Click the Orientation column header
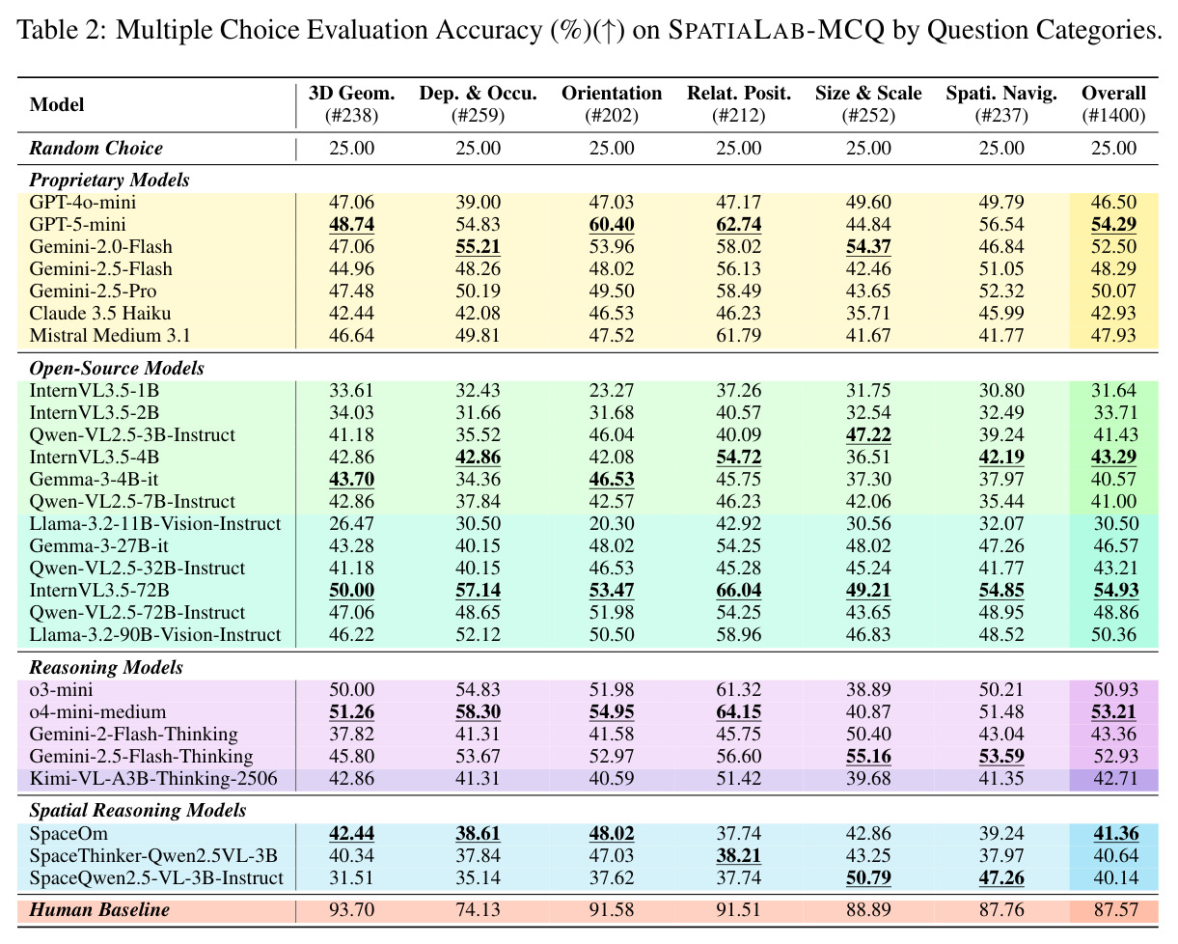(x=612, y=93)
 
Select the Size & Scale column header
(x=868, y=93)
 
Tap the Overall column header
(x=1113, y=93)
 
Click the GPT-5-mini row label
(x=77, y=225)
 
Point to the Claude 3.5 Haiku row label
(x=100, y=313)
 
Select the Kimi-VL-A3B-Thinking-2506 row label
(x=153, y=778)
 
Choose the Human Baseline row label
(x=99, y=909)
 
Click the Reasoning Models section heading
(x=106, y=668)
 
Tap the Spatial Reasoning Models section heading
(x=137, y=811)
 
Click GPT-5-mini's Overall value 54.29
(x=1113, y=225)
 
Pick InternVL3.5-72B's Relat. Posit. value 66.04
(x=738, y=591)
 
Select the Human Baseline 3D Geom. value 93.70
(x=351, y=909)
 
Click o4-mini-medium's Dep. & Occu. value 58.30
(x=478, y=711)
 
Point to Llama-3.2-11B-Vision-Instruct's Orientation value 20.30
(x=612, y=523)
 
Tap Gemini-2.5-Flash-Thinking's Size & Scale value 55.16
(x=868, y=756)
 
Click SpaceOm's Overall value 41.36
(x=1115, y=833)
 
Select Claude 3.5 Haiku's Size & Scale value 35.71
(x=868, y=313)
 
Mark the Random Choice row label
(x=96, y=148)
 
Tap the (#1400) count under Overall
(x=1113, y=116)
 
